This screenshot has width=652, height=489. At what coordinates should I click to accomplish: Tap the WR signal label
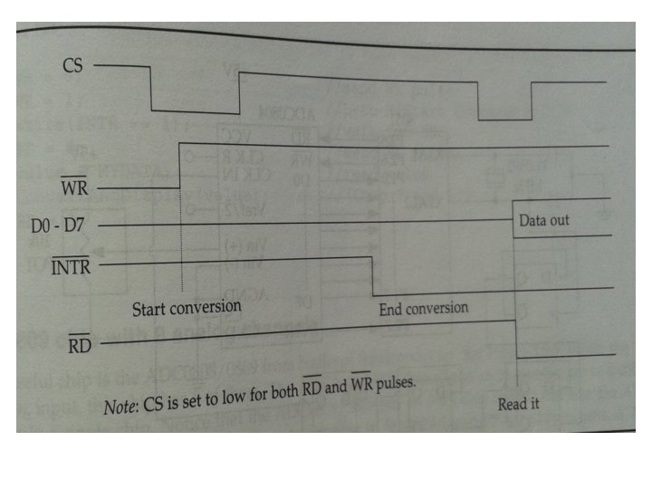click(x=74, y=188)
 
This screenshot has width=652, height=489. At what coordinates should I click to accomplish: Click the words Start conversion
click(x=187, y=307)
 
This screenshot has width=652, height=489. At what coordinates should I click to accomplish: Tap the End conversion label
click(x=423, y=309)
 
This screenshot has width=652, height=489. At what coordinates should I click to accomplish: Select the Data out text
click(x=544, y=220)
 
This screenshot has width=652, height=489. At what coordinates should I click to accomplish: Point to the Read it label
click(x=518, y=404)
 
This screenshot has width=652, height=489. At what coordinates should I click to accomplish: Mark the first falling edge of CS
click(x=150, y=89)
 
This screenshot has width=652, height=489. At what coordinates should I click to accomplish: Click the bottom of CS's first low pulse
click(x=195, y=113)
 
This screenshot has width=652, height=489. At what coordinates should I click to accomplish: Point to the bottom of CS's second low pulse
click(x=504, y=120)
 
